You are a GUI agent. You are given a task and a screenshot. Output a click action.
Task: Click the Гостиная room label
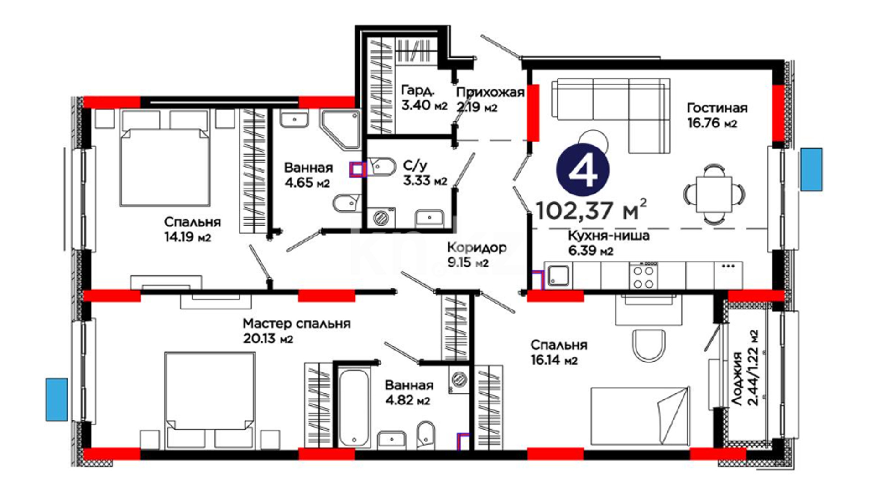tap(717, 108)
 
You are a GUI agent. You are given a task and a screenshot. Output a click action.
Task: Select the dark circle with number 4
tap(583, 170)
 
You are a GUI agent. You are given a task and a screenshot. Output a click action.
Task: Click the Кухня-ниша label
tap(609, 236)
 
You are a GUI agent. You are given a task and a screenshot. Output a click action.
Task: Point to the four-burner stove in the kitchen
tap(643, 277)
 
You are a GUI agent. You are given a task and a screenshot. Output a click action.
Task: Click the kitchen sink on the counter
tap(558, 276)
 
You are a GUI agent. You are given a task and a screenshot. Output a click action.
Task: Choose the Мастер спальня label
tap(297, 324)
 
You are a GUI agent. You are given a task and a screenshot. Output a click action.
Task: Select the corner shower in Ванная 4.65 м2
tap(340, 129)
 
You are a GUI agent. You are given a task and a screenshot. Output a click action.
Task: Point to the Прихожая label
tap(490, 93)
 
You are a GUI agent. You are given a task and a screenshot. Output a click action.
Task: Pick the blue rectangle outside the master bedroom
tap(56, 399)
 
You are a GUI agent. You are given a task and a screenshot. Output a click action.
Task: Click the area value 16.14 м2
tap(554, 360)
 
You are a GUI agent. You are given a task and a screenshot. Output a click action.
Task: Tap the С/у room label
tap(415, 165)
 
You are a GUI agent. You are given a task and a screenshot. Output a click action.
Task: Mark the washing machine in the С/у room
tap(381, 218)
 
